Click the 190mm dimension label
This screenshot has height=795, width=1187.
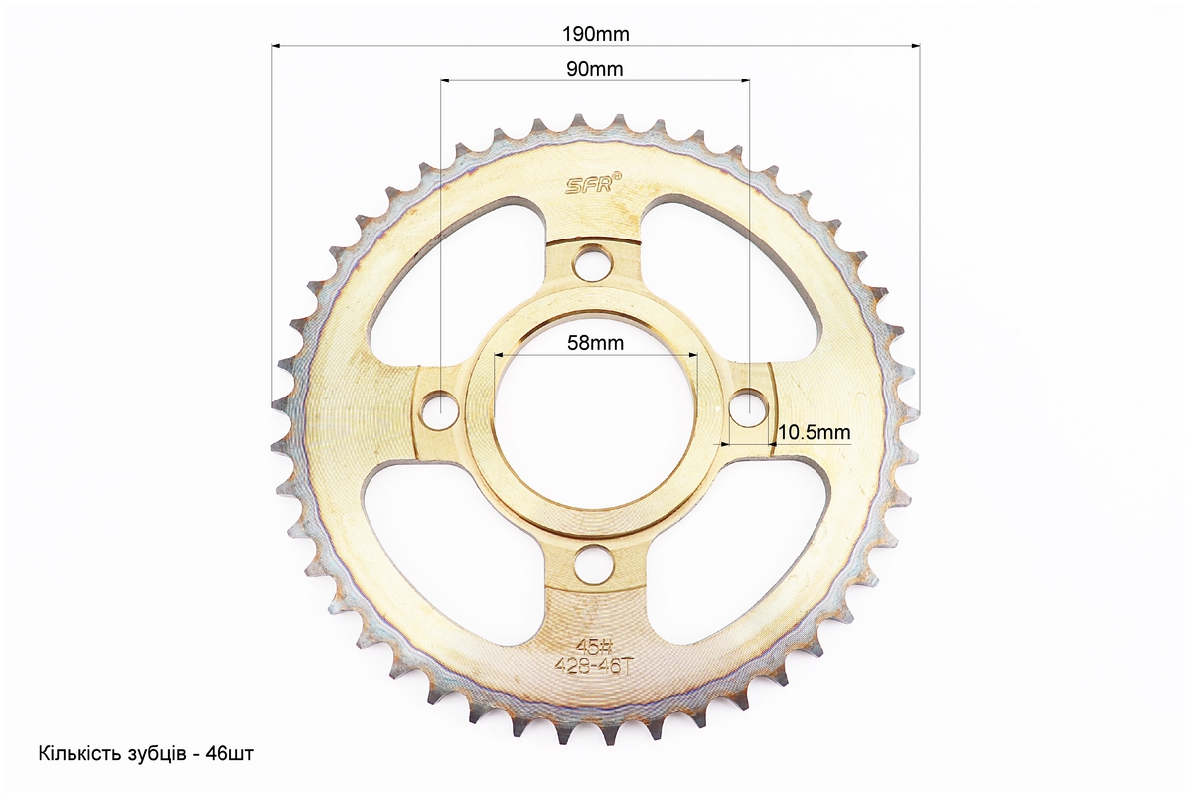(595, 34)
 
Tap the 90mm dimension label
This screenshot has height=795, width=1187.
(594, 69)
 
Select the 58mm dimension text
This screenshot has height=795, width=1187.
(595, 343)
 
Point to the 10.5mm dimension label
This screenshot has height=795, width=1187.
(814, 432)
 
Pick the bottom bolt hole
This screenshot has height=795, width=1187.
(593, 563)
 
